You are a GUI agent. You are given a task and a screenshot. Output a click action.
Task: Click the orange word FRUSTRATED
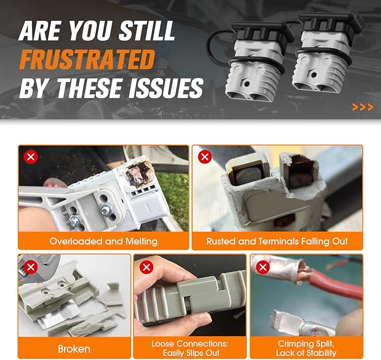pyautogui.click(x=87, y=59)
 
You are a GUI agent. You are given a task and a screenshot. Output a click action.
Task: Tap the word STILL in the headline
pyautogui.click(x=147, y=31)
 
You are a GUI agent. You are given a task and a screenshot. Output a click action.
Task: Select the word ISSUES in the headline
pyautogui.click(x=166, y=88)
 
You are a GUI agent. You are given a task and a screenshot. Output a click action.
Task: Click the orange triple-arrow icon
pyautogui.click(x=362, y=107)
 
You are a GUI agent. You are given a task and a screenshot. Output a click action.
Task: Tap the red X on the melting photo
pyautogui.click(x=31, y=157)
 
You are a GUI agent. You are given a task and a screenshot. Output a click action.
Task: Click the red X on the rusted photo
pyautogui.click(x=205, y=157)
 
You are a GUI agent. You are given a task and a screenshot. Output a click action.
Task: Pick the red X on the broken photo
pyautogui.click(x=31, y=267)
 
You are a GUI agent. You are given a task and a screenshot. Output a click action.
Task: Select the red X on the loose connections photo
pyautogui.click(x=146, y=267)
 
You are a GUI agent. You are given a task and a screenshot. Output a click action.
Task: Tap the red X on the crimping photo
pyautogui.click(x=263, y=267)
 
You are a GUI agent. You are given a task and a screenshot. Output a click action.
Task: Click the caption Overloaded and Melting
pyautogui.click(x=103, y=241)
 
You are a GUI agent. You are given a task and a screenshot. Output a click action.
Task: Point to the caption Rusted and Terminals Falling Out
pyautogui.click(x=277, y=241)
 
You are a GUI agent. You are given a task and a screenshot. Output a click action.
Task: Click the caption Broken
pyautogui.click(x=74, y=349)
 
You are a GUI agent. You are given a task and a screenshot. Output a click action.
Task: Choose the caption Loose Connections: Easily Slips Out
pyautogui.click(x=190, y=348)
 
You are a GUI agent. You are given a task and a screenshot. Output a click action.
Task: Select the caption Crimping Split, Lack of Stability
pyautogui.click(x=306, y=348)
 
